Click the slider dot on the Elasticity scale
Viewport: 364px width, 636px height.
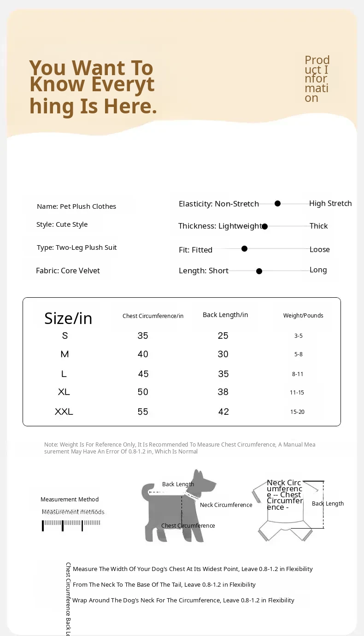point(277,203)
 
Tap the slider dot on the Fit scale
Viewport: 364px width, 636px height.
point(244,248)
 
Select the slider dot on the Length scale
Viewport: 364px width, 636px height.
point(259,271)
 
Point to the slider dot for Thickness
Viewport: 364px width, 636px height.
point(264,226)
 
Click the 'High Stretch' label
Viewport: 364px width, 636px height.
point(330,203)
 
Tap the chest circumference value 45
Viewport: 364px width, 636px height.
point(143,374)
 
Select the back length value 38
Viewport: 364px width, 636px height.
point(223,392)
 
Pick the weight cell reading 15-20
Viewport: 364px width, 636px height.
point(297,412)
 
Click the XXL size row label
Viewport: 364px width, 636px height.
point(64,412)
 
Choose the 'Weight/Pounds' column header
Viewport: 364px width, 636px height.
point(303,316)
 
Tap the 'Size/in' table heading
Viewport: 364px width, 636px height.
point(68,318)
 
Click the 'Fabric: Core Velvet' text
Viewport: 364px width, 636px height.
point(68,271)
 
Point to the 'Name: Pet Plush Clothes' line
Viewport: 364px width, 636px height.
point(76,206)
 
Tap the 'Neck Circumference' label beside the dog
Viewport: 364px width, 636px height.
point(226,505)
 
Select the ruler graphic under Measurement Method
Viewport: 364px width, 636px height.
point(71,524)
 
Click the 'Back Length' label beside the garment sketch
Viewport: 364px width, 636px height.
point(328,503)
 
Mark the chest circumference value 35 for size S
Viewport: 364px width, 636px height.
point(143,336)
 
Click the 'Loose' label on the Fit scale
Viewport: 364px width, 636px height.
point(319,249)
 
